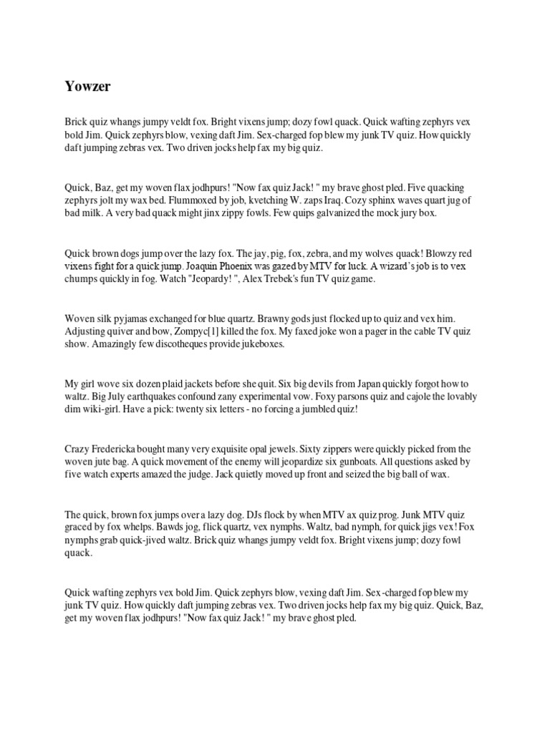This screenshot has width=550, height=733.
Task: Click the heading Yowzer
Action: pyautogui.click(x=87, y=87)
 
